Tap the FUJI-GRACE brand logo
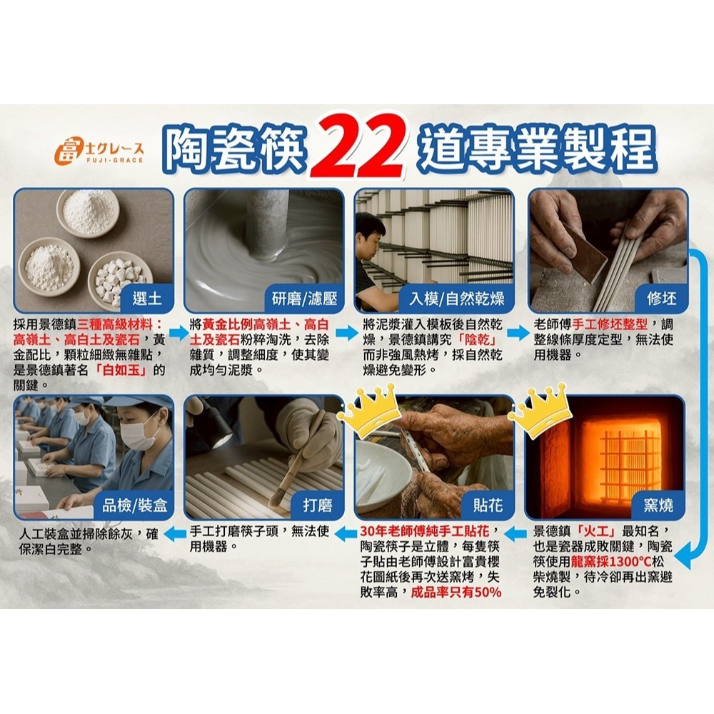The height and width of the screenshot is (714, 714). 99,151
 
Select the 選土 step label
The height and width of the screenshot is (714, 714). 146,298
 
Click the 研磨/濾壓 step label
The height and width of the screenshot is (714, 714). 304,298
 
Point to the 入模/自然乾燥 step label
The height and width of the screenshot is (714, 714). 457,298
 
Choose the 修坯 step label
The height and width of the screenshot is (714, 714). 661,298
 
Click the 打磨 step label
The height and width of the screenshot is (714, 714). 318,505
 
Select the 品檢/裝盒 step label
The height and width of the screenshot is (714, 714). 134,505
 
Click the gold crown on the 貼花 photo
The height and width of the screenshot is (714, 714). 369,411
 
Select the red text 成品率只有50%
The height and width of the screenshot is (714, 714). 456,593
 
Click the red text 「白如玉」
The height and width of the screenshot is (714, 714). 121,370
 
